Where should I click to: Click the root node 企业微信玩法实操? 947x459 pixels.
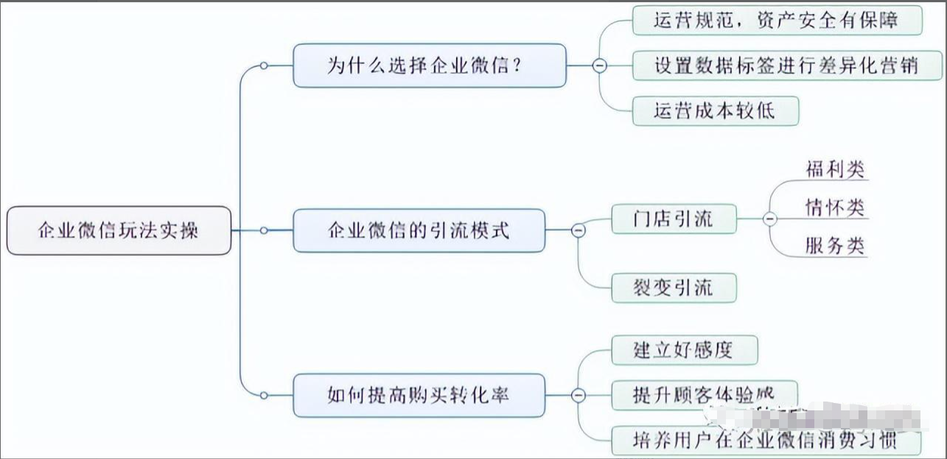click(118, 231)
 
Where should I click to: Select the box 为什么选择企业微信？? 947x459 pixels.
click(430, 66)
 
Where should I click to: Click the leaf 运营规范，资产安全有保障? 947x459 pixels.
click(777, 20)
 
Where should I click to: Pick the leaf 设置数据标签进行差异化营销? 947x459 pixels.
click(786, 66)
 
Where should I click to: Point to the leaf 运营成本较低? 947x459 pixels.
click(715, 111)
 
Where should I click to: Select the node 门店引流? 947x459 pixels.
click(674, 219)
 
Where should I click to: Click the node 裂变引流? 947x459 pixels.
click(674, 287)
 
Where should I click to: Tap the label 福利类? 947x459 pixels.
click(834, 169)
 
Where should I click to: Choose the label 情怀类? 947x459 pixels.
click(834, 208)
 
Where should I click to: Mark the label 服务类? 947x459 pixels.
click(834, 246)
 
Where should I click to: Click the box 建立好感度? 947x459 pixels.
click(684, 349)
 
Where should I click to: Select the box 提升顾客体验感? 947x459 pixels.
click(704, 394)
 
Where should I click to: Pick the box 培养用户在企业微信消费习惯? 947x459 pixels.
click(766, 441)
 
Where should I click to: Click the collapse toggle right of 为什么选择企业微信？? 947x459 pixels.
click(600, 66)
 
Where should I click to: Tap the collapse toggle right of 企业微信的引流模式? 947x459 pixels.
click(579, 231)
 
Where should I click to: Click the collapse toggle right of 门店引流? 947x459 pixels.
click(769, 219)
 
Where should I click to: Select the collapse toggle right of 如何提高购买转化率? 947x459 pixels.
click(579, 396)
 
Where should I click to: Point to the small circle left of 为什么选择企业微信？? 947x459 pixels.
click(264, 66)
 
